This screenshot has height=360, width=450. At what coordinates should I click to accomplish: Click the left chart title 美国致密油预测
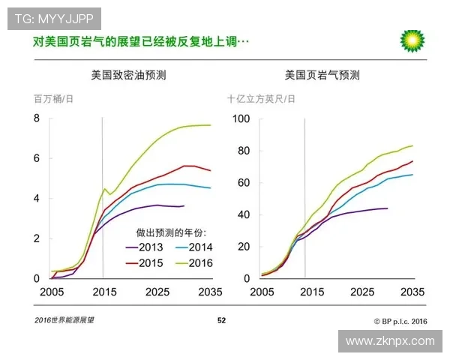[x=124, y=76]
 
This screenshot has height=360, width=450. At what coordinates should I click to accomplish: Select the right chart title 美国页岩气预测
[x=322, y=76]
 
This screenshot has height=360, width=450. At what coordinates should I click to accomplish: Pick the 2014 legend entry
[x=198, y=247]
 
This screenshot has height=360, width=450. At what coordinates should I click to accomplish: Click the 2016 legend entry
[x=198, y=263]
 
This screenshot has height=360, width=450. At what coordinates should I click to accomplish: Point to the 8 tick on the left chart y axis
[x=35, y=118]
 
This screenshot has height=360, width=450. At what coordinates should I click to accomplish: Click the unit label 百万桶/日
[x=53, y=99]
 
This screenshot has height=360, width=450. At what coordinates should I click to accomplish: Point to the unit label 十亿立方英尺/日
[x=261, y=99]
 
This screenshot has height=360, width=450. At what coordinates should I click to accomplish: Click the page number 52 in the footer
[x=221, y=321]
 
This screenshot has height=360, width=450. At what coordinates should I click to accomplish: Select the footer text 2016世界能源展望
[x=64, y=321]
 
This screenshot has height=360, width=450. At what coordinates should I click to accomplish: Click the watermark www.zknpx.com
[x=389, y=341]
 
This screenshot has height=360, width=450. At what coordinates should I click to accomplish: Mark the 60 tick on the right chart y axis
[x=243, y=182]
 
